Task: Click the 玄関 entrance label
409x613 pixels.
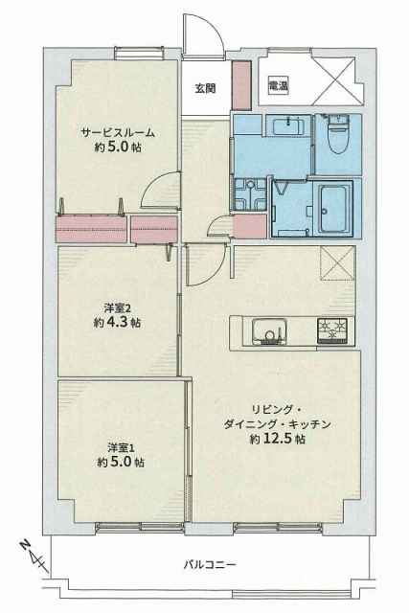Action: (x=205, y=88)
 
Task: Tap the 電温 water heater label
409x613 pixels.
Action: (x=279, y=85)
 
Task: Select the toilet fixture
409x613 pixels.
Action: (x=337, y=133)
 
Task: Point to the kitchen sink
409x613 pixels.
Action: (x=269, y=331)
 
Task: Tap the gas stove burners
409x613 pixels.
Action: (x=332, y=330)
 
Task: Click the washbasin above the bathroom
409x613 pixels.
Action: (x=288, y=125)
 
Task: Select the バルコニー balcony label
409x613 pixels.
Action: (x=210, y=564)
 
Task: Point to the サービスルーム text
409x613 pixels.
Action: (x=118, y=132)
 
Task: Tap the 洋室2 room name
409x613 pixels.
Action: (x=117, y=308)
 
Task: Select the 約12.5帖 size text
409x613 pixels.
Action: (x=278, y=439)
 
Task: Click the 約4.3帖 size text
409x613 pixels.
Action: (x=117, y=323)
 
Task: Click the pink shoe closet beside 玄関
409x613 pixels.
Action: (x=241, y=85)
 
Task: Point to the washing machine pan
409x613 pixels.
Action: (x=249, y=194)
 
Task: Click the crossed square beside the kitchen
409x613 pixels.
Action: (x=337, y=262)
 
